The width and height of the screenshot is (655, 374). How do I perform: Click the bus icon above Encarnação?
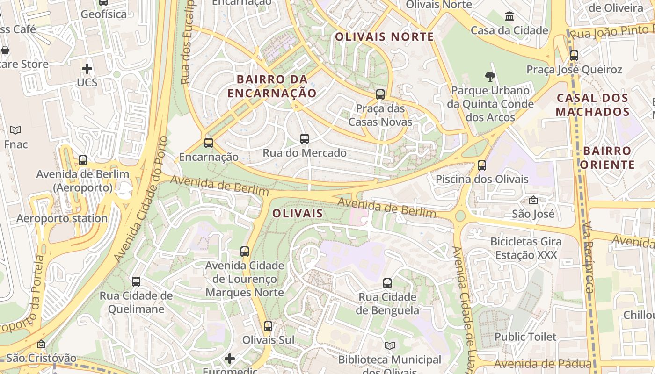[209, 143]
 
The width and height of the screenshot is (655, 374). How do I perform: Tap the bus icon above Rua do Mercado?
[305, 139]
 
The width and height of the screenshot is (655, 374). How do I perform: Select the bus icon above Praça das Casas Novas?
[380, 94]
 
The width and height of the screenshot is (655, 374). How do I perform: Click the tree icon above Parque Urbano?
[490, 76]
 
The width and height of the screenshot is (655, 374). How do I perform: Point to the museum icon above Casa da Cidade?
[509, 17]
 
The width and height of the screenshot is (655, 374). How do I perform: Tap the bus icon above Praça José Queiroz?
[574, 56]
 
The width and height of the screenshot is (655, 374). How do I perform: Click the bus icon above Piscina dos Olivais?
[482, 165]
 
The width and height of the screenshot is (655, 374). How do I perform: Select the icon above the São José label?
[533, 201]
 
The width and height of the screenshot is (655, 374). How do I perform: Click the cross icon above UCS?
[87, 69]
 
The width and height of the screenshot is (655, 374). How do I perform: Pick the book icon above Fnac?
[15, 130]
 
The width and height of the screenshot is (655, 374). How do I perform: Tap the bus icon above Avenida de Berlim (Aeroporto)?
[83, 160]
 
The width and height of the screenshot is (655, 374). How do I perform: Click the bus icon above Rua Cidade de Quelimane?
[136, 282]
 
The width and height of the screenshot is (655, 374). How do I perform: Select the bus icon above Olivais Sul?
[268, 326]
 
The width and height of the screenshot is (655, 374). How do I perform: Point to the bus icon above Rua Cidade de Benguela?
[387, 283]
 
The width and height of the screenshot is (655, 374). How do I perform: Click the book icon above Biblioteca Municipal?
[390, 346]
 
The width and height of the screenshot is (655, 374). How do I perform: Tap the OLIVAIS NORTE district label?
[385, 37]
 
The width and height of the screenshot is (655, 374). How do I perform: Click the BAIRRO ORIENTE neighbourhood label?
[607, 158]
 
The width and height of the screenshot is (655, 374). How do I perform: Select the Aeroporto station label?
[62, 218]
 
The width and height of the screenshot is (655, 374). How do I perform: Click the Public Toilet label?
[525, 337]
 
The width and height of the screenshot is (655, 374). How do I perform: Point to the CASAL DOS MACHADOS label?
[592, 105]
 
